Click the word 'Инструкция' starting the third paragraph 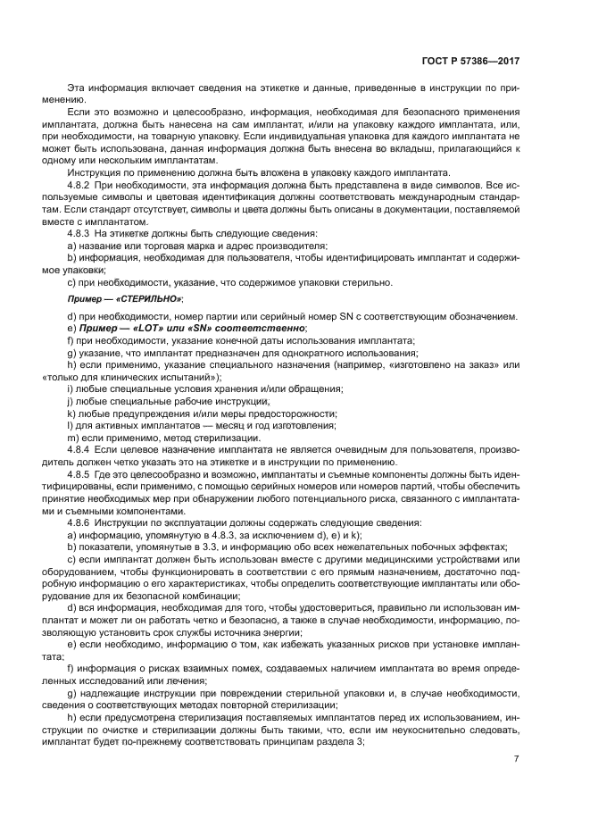coord(94,172)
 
